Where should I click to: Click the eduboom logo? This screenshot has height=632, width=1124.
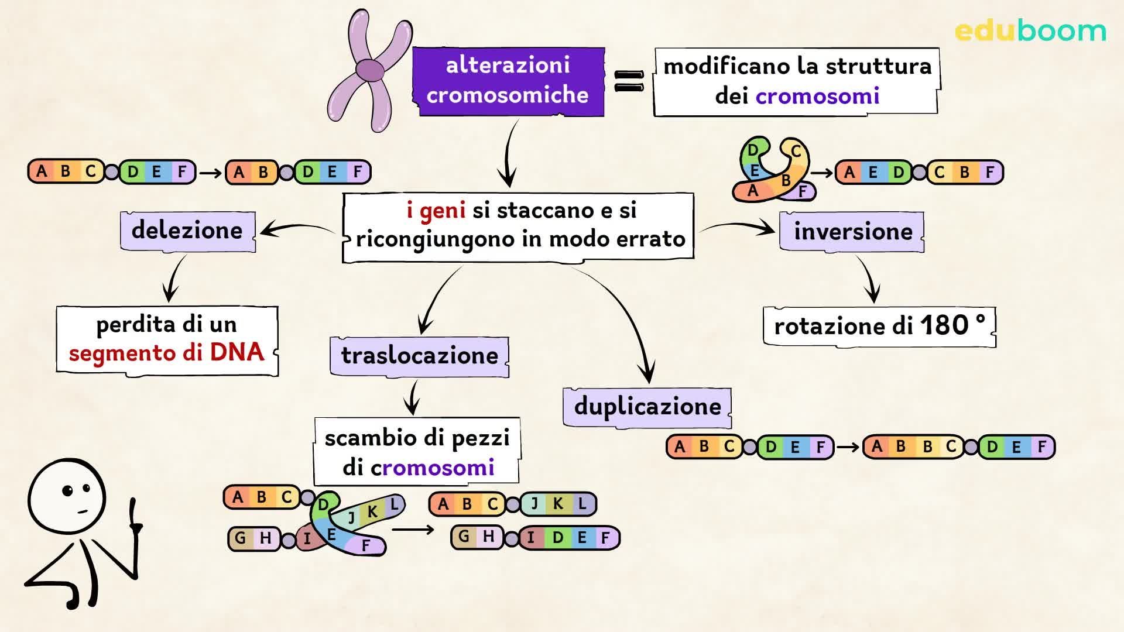pyautogui.click(x=1030, y=30)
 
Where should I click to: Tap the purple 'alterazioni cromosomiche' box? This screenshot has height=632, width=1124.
pyautogui.click(x=508, y=81)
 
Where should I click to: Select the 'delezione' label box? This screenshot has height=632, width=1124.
pyautogui.click(x=187, y=230)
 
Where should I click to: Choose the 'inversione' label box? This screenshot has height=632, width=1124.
pyautogui.click(x=852, y=232)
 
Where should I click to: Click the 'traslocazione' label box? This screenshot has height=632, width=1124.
pyautogui.click(x=419, y=356)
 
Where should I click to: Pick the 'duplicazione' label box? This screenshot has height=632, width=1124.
pyautogui.click(x=647, y=407)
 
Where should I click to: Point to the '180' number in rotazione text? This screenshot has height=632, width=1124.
pyautogui.click(x=944, y=325)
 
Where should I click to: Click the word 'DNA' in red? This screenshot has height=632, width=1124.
pyautogui.click(x=237, y=352)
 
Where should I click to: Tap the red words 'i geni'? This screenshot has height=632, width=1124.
pyautogui.click(x=436, y=209)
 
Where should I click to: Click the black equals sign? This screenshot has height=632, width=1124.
pyautogui.click(x=629, y=81)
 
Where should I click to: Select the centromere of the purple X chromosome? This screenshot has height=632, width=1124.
pyautogui.click(x=370, y=70)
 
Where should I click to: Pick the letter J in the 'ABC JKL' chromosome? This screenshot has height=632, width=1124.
pyautogui.click(x=534, y=503)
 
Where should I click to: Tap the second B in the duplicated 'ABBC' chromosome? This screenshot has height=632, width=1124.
pyautogui.click(x=927, y=446)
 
